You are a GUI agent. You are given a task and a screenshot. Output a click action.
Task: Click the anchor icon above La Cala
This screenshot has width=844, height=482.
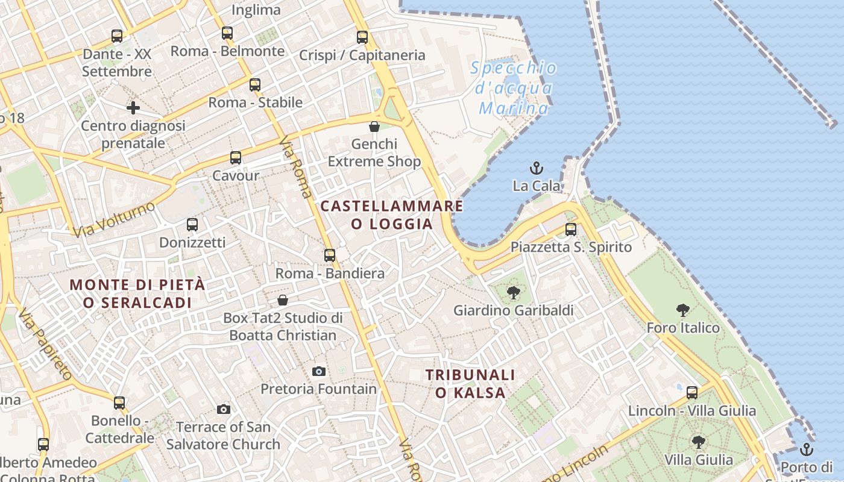pos(536,167)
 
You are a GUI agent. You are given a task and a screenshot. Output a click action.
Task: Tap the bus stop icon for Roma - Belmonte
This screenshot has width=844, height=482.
pos(227,33)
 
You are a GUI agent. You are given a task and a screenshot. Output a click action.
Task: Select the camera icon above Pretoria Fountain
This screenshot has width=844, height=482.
pos(319,371)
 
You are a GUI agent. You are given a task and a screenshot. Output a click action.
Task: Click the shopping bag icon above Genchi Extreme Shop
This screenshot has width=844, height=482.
pos(374,127)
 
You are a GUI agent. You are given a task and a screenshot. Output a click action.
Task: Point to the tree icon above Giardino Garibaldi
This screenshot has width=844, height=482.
pos(513,293)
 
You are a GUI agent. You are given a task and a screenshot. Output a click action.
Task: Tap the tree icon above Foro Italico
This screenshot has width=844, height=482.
pos(683,310)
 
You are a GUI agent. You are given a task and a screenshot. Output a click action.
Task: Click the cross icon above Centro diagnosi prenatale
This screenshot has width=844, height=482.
pos(133,108)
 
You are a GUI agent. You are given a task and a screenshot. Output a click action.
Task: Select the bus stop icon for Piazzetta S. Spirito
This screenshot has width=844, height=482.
pos(570,229)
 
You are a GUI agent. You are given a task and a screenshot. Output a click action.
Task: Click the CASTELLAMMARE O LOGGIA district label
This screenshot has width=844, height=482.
pos(392,215)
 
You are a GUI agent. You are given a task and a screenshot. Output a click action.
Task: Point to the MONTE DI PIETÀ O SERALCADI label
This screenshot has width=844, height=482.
pos(137,293)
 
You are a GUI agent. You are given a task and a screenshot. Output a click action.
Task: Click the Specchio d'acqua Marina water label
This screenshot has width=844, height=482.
pos(514,88)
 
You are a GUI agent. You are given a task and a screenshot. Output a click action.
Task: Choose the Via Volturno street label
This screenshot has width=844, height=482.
pos(113,220)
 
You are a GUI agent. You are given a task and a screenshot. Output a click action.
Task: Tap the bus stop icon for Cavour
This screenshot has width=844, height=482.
pos(235,158)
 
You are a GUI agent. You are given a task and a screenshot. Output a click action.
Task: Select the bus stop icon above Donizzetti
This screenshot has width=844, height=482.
pos(192,225)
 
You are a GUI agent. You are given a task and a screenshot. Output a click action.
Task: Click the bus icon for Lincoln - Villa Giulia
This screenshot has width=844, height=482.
pos(692,393)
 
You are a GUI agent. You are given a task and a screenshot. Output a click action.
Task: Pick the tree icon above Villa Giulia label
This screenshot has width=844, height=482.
pos(698,442)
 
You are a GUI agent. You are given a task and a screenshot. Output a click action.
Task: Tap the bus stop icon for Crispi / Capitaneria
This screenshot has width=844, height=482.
pos(362,37)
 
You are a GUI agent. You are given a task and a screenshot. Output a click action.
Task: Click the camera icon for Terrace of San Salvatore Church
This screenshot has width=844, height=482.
pos(223,409)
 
